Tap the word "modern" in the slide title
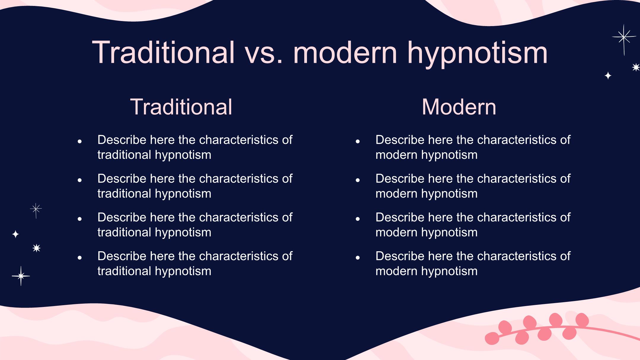pyautogui.click(x=345, y=52)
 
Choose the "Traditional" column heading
pyautogui.click(x=181, y=107)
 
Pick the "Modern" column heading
pyautogui.click(x=459, y=107)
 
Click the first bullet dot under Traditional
pyautogui.click(x=79, y=142)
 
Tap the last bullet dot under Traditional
pyautogui.click(x=79, y=258)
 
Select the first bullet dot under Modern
pyautogui.click(x=358, y=142)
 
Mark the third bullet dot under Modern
pyautogui.click(x=358, y=219)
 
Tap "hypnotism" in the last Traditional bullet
pyautogui.click(x=183, y=271)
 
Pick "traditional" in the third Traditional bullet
pyautogui.click(x=124, y=232)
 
